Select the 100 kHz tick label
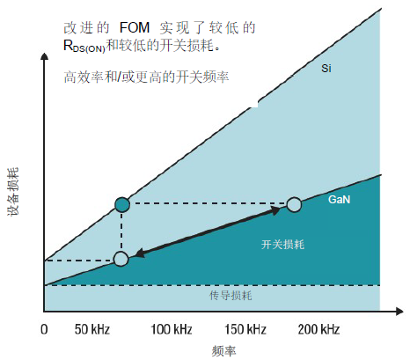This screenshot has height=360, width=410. point(172,330)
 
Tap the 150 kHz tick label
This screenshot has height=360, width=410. point(245,330)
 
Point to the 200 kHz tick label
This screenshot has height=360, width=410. point(318,330)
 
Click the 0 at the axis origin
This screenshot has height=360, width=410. point(44,330)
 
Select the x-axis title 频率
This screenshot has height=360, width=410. point(225,349)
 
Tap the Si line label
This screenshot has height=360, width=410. point(325,68)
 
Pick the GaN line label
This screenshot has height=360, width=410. point(340,201)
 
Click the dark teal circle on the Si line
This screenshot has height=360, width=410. point(121,205)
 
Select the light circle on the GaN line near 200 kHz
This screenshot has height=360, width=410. point(294,205)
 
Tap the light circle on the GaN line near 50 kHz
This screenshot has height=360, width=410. point(121,259)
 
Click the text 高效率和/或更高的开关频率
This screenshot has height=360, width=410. point(146,77)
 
